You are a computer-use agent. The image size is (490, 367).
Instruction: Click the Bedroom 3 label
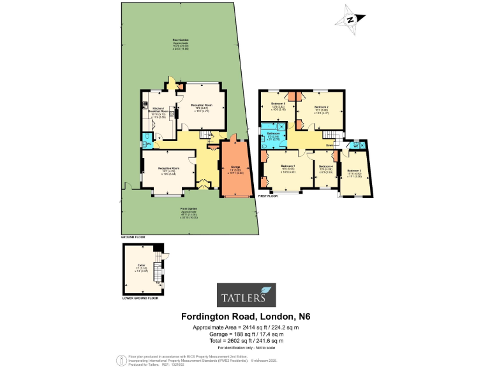tap(354, 171)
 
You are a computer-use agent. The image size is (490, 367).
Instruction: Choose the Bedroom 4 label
tap(325, 167)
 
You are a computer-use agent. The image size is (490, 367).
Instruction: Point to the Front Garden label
tap(188, 208)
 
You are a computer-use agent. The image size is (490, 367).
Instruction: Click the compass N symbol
tap(350, 20)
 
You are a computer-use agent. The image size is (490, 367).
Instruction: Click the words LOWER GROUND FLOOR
tap(139, 298)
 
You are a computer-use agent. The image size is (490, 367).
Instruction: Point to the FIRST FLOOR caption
tap(268, 196)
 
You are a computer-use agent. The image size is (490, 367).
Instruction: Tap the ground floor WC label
tap(149, 144)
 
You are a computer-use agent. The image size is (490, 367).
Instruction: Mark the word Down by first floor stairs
tap(329, 145)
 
